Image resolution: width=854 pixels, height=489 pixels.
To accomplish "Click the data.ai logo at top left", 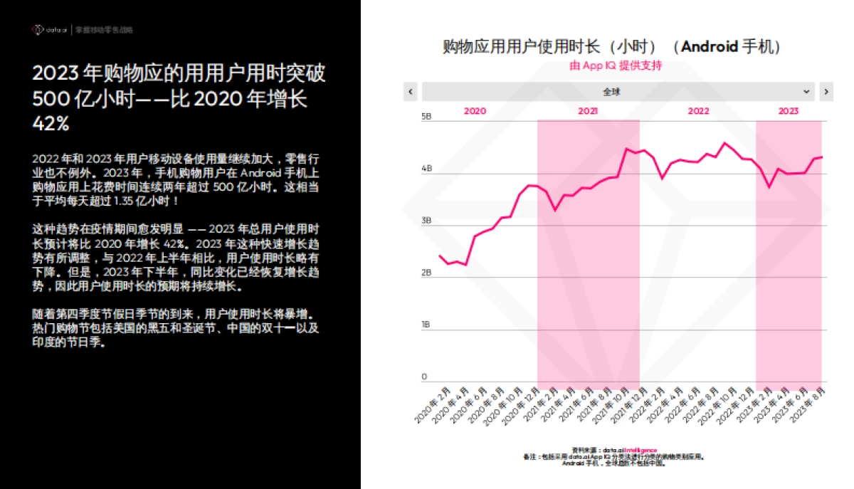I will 49,30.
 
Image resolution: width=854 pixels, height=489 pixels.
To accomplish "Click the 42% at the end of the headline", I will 51,124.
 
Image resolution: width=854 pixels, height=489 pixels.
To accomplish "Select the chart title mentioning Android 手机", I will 612,47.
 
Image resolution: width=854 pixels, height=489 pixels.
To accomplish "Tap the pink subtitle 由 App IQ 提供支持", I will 616,65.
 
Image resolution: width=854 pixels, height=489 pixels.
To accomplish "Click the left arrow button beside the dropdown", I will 410,92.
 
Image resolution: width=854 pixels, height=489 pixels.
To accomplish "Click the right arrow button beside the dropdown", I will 826,92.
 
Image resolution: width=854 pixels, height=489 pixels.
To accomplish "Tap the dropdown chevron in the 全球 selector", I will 806,92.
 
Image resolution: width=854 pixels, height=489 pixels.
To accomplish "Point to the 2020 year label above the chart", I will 475,111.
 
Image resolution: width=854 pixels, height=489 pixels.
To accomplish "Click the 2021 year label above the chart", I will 588,111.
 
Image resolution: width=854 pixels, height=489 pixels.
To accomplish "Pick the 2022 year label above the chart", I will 698,111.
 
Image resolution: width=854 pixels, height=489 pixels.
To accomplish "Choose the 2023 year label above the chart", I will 788,111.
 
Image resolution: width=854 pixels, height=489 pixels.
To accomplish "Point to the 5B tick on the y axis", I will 426,117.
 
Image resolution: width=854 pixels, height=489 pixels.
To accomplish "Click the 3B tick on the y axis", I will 426,221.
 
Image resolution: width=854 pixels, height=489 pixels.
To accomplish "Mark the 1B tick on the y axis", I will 426,325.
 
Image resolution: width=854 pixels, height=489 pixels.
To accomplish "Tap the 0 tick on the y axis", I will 424,377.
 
